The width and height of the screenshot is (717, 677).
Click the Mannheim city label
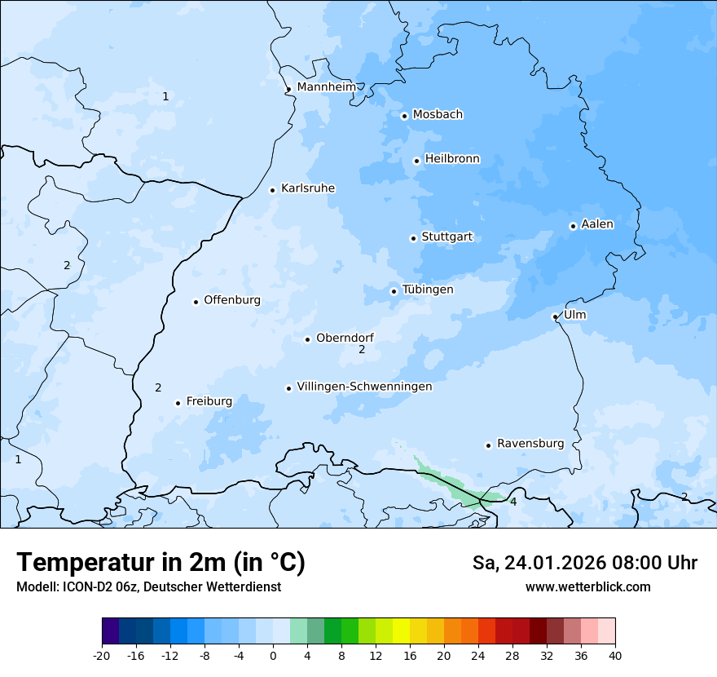(x=327, y=87)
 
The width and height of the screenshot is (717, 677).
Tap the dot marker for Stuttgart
(x=413, y=238)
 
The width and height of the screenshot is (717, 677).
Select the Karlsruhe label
(x=308, y=188)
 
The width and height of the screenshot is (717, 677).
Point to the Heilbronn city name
(x=452, y=159)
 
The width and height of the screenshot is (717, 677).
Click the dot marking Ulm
(x=555, y=316)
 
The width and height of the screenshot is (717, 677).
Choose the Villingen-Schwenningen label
(x=364, y=387)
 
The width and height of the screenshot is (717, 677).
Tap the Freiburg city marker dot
(x=178, y=403)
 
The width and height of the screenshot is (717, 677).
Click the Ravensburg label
(x=530, y=444)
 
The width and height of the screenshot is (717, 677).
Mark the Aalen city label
(x=597, y=224)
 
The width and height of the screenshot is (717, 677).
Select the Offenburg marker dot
(x=196, y=302)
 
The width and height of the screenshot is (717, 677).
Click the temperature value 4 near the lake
(x=513, y=502)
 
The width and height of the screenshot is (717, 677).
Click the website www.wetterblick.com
(x=587, y=587)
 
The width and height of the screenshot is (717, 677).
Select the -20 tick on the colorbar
(x=102, y=655)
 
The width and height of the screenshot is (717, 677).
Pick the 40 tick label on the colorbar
(x=615, y=655)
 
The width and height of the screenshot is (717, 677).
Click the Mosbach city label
(x=438, y=115)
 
